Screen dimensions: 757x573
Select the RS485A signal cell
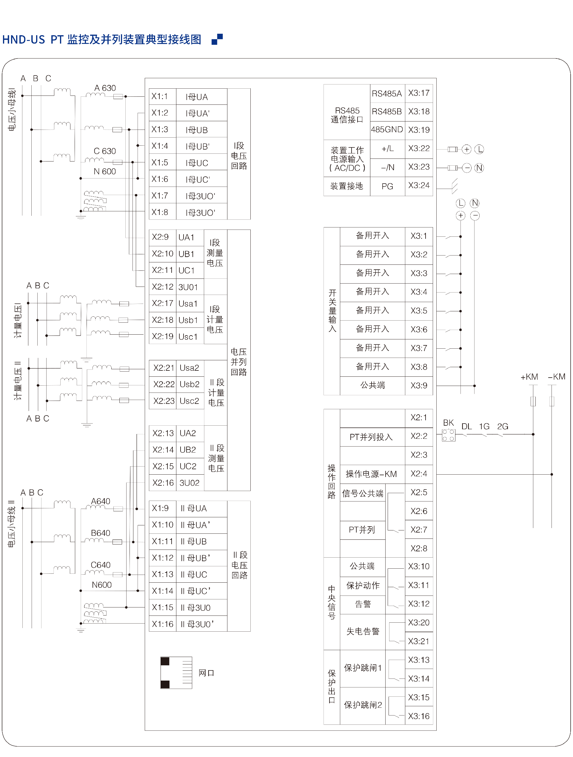[387, 93]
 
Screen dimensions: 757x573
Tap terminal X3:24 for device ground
[419, 186]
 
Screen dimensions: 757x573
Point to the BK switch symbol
[448, 435]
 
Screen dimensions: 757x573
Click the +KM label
[529, 377]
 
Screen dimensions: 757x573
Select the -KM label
[556, 377]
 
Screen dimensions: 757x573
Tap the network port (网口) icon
[176, 673]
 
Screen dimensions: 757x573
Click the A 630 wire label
[105, 88]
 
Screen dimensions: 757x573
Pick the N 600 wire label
[105, 171]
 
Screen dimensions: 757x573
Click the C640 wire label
[101, 565]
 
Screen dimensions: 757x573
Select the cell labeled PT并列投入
[371, 437]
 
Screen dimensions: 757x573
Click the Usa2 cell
[189, 368]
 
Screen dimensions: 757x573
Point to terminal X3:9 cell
[419, 386]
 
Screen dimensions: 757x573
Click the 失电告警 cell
[363, 631]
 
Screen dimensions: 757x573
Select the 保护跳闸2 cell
[363, 705]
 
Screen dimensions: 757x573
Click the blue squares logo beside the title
[217, 39]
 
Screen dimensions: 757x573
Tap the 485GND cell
[387, 130]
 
